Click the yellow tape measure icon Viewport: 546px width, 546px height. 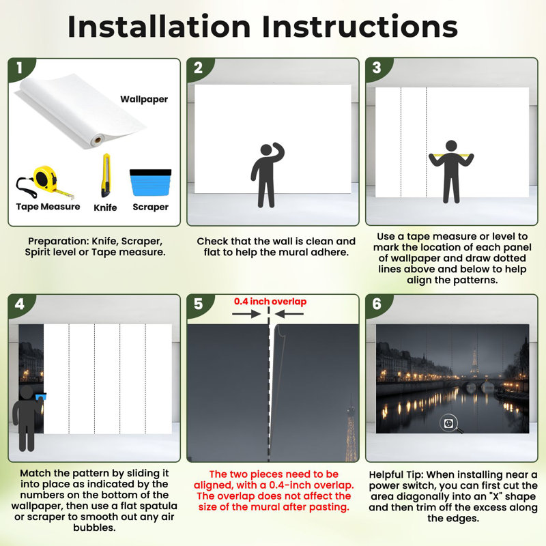pos(44,182)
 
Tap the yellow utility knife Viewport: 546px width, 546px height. pos(106,175)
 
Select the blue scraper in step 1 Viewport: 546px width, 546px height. pos(150,182)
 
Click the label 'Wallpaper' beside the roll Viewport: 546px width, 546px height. pos(144,99)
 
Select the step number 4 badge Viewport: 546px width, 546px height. pos(20,304)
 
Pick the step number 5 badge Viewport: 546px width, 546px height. pos(198,304)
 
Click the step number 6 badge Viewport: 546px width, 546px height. pos(377,304)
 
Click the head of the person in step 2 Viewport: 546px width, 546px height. pos(266,149)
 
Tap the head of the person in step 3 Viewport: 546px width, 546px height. pos(451,146)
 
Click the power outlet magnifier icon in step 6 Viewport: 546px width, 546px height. pos(450,425)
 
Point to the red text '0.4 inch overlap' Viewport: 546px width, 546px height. pos(270,302)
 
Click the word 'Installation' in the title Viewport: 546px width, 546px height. pos(159,27)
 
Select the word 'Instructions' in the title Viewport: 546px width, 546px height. pos(360,27)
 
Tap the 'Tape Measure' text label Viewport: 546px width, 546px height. pos(48,207)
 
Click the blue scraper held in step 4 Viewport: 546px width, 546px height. pos(41,397)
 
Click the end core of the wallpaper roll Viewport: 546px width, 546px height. pos(98,141)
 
